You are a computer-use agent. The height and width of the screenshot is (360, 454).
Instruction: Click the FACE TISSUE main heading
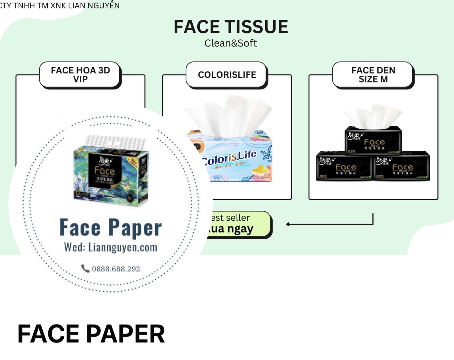pos(231,27)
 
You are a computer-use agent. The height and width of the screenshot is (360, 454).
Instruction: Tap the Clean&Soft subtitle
pos(231,43)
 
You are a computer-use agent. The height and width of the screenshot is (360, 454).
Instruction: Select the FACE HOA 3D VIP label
pos(80,75)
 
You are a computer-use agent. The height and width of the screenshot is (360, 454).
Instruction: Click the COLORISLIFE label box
pos(227,75)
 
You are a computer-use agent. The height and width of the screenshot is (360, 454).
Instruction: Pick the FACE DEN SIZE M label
pos(373,75)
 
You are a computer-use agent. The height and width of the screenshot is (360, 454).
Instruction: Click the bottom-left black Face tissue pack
pos(344,166)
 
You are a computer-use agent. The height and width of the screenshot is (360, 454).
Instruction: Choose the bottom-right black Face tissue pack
pos(402,166)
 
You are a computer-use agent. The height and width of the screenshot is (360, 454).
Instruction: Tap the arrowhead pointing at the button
pos(288,224)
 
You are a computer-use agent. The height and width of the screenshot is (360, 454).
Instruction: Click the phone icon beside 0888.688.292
pos(85,268)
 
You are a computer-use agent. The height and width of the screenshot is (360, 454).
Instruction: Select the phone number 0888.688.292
pos(116,269)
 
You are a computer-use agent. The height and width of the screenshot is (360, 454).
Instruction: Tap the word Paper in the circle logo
pos(135,228)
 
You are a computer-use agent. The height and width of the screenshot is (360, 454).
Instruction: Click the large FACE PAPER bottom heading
pos(91,334)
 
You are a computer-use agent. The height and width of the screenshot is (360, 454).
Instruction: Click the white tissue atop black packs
pos(371,116)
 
